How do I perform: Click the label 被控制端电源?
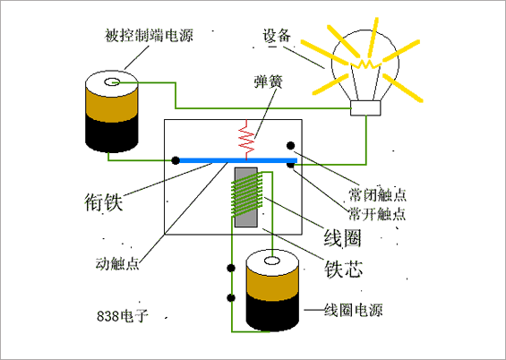(x=149, y=38)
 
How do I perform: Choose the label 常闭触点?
(x=378, y=195)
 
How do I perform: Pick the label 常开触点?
(x=378, y=215)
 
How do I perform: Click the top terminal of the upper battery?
(x=112, y=83)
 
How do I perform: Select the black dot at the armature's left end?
(x=176, y=160)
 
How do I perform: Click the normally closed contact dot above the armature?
(x=290, y=145)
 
